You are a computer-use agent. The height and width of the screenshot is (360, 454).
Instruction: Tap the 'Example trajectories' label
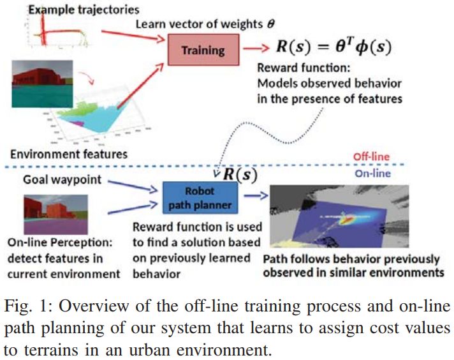(x=75, y=10)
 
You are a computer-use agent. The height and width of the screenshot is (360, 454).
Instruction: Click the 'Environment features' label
(x=69, y=153)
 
